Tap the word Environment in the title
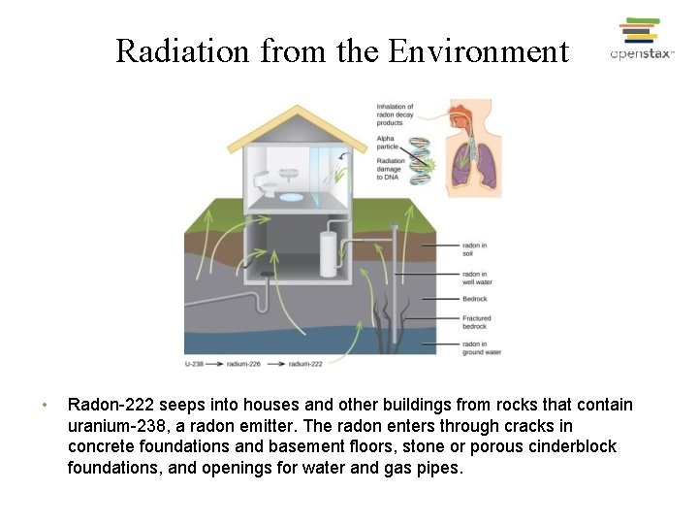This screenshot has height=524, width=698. (478, 50)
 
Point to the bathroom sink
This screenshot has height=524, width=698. (289, 176)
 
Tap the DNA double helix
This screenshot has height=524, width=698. (419, 160)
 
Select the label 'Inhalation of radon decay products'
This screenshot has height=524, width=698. (395, 114)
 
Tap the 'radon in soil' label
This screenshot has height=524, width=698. (474, 250)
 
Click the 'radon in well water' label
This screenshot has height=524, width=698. (477, 278)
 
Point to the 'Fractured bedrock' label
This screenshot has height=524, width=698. (477, 322)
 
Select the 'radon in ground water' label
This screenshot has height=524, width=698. (481, 347)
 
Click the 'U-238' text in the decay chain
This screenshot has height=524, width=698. (193, 364)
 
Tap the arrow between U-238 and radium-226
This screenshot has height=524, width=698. (215, 364)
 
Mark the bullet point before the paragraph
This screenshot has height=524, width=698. (45, 405)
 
